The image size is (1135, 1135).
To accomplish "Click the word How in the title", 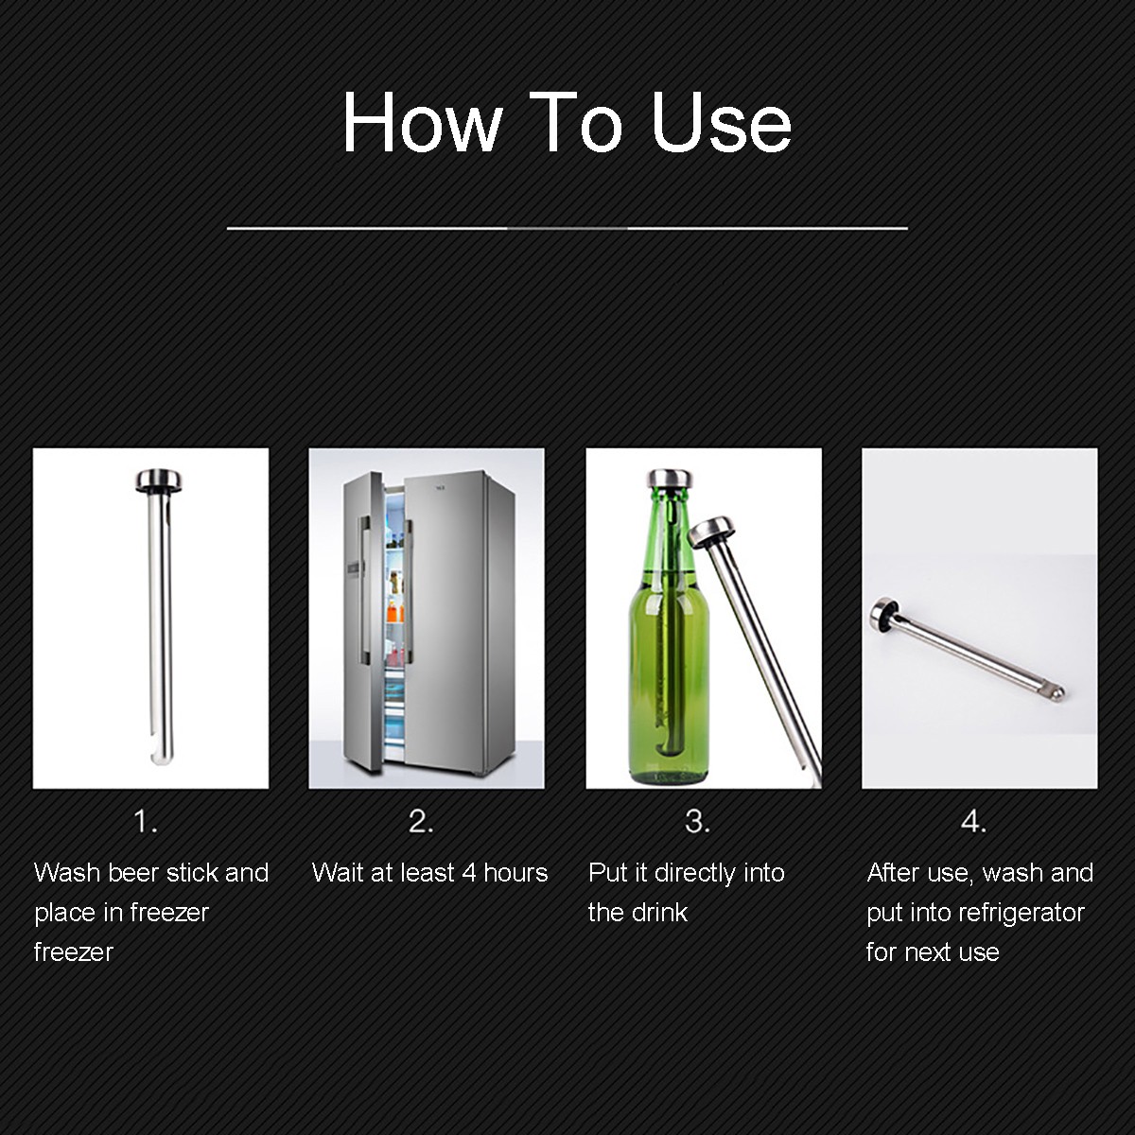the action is [x=422, y=123].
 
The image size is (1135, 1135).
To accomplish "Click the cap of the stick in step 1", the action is [x=159, y=480].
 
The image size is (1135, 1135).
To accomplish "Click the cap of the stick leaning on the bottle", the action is [x=710, y=532].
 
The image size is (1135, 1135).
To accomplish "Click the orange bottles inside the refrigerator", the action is [x=395, y=611].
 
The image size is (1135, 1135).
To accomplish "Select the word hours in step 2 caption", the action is [x=515, y=872].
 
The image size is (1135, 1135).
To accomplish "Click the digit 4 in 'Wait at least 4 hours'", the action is [x=469, y=873].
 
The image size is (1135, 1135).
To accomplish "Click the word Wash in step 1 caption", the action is [x=67, y=872].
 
